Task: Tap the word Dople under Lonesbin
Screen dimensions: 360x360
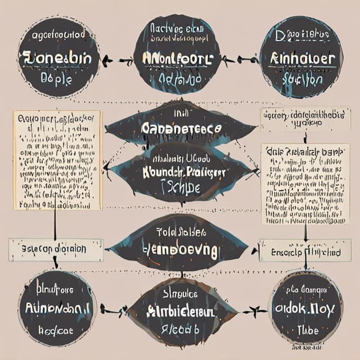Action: (56, 79)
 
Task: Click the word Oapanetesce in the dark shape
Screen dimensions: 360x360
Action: (182, 128)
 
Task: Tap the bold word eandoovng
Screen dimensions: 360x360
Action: (180, 250)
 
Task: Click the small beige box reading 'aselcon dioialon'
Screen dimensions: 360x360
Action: (55, 249)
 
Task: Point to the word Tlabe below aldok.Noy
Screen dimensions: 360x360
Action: (307, 330)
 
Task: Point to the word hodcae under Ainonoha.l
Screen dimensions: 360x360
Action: (56, 330)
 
